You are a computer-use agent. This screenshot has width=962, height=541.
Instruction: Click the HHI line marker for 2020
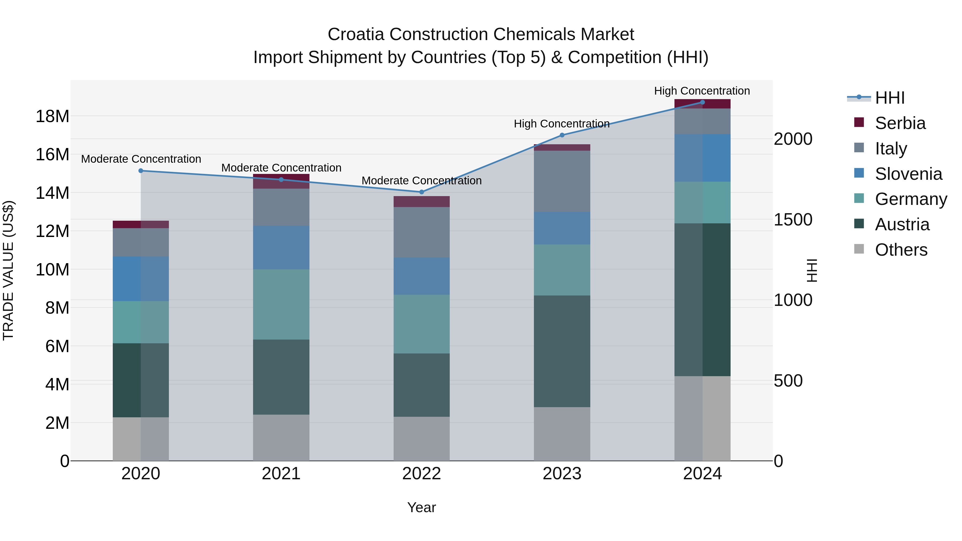click(141, 171)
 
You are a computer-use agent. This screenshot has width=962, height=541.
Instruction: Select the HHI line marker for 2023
click(562, 135)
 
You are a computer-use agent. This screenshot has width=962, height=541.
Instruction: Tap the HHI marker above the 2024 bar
click(703, 102)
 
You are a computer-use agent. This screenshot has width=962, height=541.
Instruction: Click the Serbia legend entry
click(900, 123)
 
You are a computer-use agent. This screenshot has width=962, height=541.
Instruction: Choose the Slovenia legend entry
click(908, 174)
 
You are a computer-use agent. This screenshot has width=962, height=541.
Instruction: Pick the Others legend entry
click(901, 250)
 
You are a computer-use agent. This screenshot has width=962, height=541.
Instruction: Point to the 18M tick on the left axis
click(52, 116)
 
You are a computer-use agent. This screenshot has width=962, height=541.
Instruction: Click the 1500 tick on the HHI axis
click(793, 220)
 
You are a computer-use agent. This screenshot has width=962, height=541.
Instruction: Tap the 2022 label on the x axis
click(422, 474)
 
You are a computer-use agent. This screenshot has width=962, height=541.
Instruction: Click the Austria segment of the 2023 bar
click(562, 351)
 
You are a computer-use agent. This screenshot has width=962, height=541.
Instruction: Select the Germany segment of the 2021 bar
click(281, 304)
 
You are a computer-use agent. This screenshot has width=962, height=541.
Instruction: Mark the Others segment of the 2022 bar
click(422, 439)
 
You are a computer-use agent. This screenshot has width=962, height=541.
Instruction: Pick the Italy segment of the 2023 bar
click(562, 181)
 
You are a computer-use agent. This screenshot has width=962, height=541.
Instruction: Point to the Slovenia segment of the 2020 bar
click(141, 279)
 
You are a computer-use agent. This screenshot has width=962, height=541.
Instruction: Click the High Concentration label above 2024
click(702, 91)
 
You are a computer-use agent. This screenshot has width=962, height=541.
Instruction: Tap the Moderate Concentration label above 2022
click(422, 181)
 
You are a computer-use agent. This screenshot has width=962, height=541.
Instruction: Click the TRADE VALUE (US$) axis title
click(8, 270)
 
